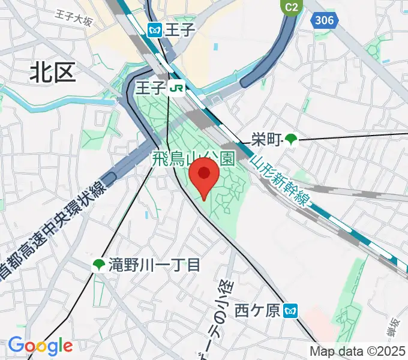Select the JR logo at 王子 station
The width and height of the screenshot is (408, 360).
coord(176,89)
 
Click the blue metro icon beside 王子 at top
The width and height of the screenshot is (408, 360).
coord(155,29)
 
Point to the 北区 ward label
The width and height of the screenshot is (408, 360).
coord(53,73)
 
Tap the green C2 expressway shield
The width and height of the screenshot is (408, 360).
coord(290,7)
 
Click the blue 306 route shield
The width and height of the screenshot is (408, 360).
coord(323,20)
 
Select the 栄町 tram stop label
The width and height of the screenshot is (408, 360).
coord(266,140)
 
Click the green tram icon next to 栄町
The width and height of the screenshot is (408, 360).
coord(291,140)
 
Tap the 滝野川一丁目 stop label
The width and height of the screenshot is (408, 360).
coord(154,265)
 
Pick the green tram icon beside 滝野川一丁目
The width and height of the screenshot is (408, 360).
coord(98,265)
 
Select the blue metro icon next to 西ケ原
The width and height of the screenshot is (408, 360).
coord(291,310)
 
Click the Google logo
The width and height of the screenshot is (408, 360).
coord(40,345)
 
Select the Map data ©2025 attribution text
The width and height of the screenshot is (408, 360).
coord(357,351)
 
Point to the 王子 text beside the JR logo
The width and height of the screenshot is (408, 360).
coord(150,89)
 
